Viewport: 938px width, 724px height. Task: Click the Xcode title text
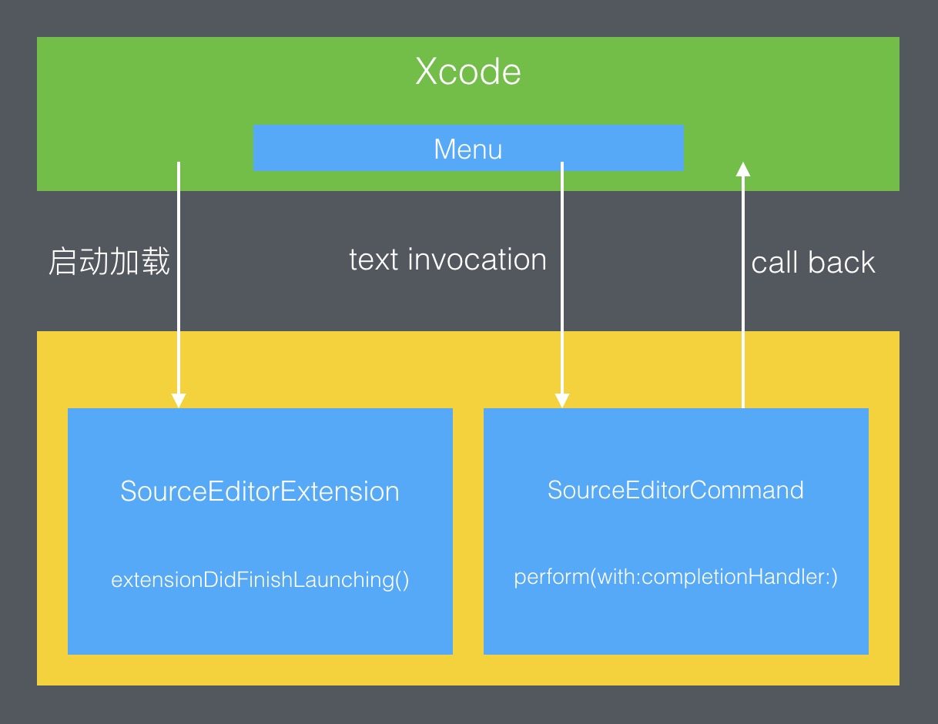pyautogui.click(x=468, y=72)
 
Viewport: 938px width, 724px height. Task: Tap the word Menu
pyautogui.click(x=468, y=149)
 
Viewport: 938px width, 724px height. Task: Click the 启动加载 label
pyautogui.click(x=109, y=262)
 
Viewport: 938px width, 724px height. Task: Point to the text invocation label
pyautogui.click(x=447, y=260)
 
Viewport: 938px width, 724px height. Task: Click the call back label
pyautogui.click(x=813, y=263)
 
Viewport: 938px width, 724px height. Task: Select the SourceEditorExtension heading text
pyautogui.click(x=260, y=491)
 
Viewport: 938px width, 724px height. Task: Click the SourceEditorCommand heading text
pyautogui.click(x=675, y=490)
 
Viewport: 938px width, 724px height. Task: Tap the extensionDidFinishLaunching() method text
pyautogui.click(x=260, y=579)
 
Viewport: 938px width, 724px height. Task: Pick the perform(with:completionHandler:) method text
pyautogui.click(x=675, y=576)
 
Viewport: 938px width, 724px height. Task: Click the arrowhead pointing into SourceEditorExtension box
pyautogui.click(x=179, y=400)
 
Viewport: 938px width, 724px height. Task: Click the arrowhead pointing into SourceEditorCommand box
pyautogui.click(x=562, y=400)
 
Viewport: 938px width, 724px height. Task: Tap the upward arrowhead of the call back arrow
pyautogui.click(x=742, y=169)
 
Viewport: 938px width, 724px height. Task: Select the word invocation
pyautogui.click(x=477, y=260)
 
